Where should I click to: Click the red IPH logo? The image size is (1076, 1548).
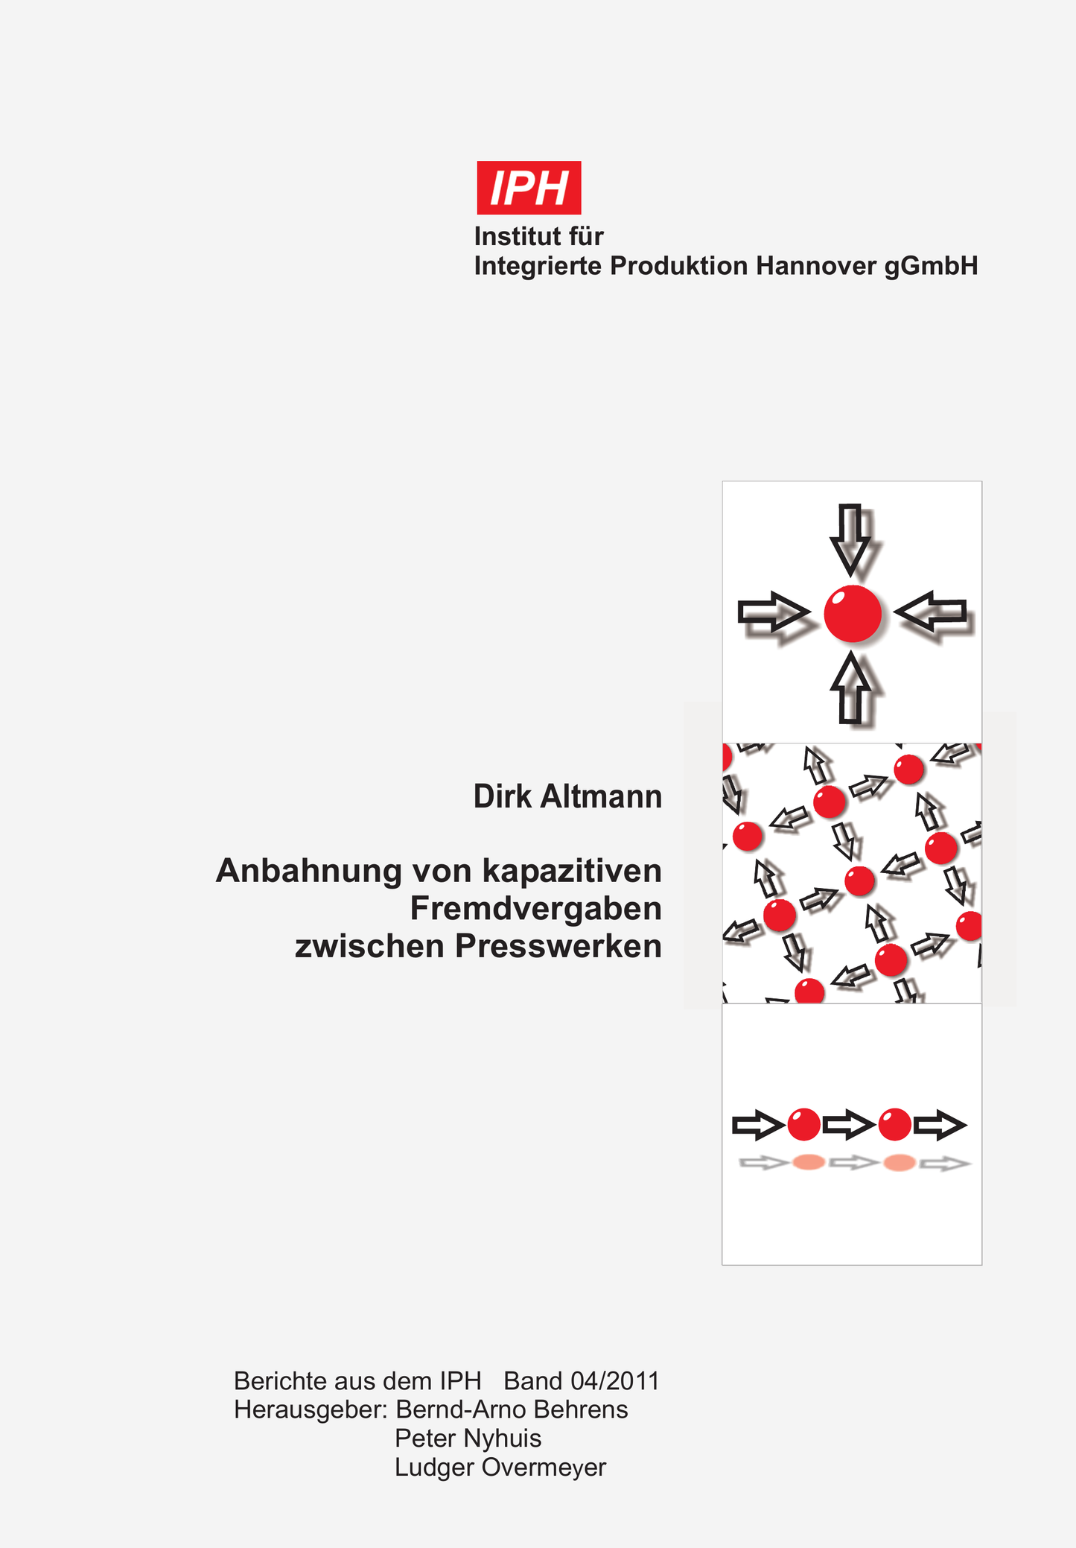529,187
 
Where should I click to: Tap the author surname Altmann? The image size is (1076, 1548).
601,796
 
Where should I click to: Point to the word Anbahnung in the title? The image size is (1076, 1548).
309,872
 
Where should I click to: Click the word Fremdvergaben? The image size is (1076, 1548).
535,909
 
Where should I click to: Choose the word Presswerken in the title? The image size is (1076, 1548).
558,946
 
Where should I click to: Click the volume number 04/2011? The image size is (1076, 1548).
615,1381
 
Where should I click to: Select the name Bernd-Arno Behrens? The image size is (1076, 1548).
512,1409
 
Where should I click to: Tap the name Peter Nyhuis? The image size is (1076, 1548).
468,1438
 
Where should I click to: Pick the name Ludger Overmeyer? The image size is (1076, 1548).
500,1468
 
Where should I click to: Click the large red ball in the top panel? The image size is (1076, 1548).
853,614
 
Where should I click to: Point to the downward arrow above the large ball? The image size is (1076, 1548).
850,539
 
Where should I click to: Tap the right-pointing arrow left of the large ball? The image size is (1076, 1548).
774,612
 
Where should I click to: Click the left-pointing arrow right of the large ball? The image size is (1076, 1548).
931,612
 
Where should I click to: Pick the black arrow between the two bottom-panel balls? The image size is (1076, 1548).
849,1125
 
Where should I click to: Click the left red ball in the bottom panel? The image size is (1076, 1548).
804,1125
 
